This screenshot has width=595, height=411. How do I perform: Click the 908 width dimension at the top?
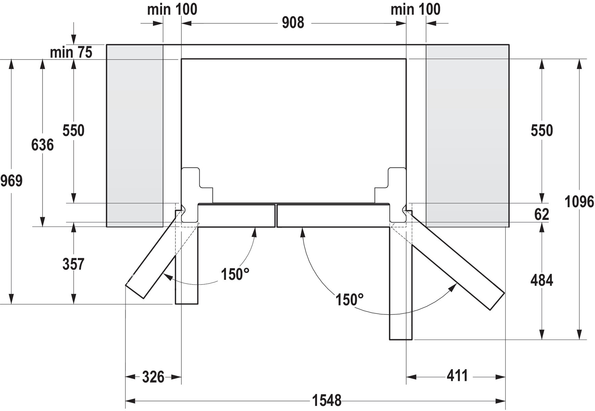(x=293, y=23)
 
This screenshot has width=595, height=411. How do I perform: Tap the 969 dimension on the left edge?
(x=11, y=180)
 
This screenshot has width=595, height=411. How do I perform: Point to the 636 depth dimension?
(x=42, y=145)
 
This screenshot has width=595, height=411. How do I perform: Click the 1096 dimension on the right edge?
(x=579, y=202)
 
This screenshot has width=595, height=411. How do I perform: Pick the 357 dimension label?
(x=73, y=264)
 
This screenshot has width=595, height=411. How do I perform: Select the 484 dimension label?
(x=542, y=281)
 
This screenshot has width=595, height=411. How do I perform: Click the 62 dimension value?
(x=542, y=215)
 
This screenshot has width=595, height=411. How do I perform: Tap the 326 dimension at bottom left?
(x=153, y=377)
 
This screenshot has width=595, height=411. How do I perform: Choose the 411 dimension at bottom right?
(x=457, y=376)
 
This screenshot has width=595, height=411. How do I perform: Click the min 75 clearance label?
(x=71, y=52)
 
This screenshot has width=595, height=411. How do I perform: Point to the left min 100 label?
(x=172, y=9)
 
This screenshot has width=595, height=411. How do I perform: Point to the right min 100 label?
(x=415, y=9)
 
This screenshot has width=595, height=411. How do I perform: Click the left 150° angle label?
(x=235, y=274)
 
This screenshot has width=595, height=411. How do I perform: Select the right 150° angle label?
(x=349, y=300)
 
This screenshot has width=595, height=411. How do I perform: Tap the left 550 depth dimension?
(x=73, y=130)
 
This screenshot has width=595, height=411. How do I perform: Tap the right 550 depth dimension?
(x=542, y=130)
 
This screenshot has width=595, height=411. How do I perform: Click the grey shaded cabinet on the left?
(x=135, y=136)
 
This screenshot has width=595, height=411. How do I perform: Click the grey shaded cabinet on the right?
(x=467, y=136)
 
